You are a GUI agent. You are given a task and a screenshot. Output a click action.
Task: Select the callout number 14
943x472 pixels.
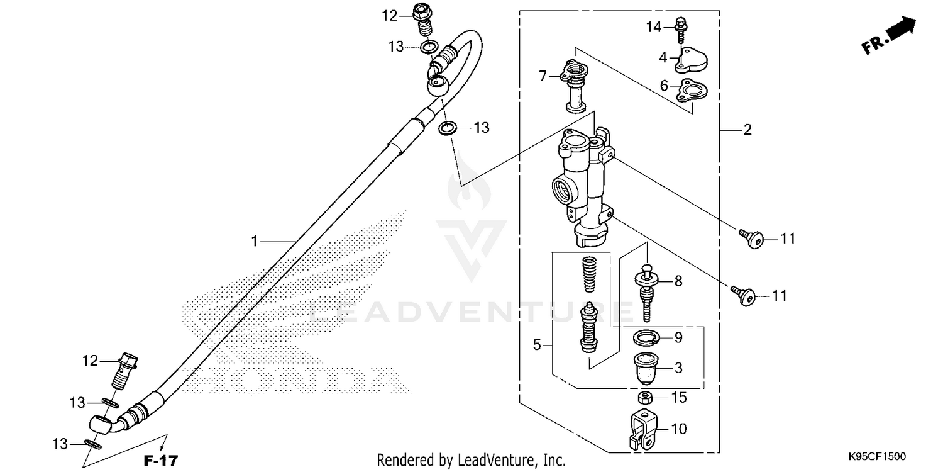[x=653, y=26]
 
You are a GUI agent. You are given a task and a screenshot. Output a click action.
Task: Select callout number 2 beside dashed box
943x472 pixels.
[x=747, y=130]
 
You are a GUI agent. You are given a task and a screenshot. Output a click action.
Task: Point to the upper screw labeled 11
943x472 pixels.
[x=752, y=239]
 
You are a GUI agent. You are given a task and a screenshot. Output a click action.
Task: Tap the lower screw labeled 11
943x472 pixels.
[x=745, y=295]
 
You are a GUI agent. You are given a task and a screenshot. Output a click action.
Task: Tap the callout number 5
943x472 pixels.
[x=536, y=345]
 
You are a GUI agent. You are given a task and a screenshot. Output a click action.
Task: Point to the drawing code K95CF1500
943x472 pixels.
[x=877, y=456]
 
